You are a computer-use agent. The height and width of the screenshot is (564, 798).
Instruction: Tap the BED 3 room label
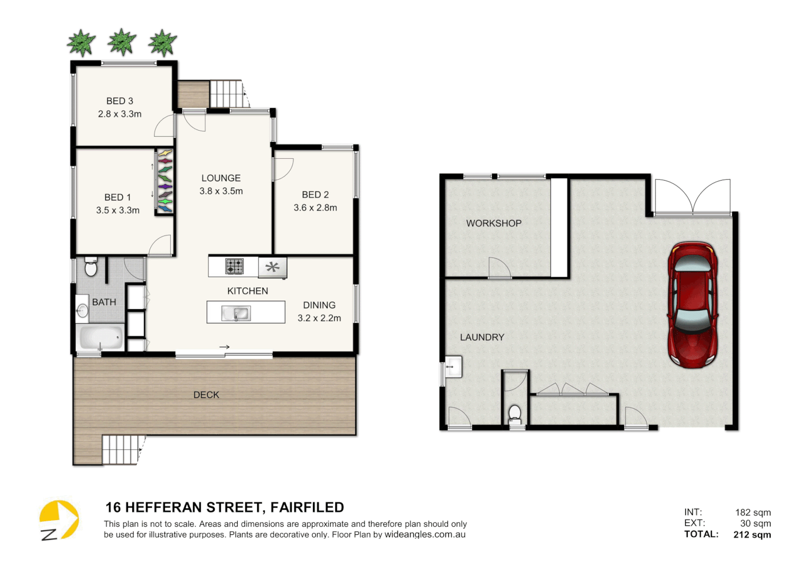point(120,101)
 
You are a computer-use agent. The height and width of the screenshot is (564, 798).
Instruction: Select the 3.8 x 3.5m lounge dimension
point(221,191)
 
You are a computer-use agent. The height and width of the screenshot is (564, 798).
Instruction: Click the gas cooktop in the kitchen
point(234,266)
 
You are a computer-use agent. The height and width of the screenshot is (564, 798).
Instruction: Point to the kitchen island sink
point(236,313)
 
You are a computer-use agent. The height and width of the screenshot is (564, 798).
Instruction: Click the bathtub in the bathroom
point(101,338)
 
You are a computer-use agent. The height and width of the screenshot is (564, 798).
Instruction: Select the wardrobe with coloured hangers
point(165,181)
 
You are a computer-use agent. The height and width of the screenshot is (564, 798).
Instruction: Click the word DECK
point(206,395)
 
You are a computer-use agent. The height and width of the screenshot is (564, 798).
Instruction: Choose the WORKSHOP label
point(494,223)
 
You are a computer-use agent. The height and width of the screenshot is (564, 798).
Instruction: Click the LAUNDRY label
point(482,337)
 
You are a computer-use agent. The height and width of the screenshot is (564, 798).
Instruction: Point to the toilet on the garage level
point(515,414)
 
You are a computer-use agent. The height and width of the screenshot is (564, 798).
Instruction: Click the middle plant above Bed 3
point(122,42)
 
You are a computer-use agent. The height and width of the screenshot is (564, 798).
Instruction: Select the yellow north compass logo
point(58,520)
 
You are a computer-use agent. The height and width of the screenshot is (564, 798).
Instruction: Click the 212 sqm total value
point(752,534)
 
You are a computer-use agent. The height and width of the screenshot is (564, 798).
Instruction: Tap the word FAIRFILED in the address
point(307,507)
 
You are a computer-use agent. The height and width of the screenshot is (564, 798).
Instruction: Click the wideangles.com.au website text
point(425,534)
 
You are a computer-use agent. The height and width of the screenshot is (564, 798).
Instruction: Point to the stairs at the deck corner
point(121,450)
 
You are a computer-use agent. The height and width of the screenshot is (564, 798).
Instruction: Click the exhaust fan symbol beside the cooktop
point(272,267)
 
